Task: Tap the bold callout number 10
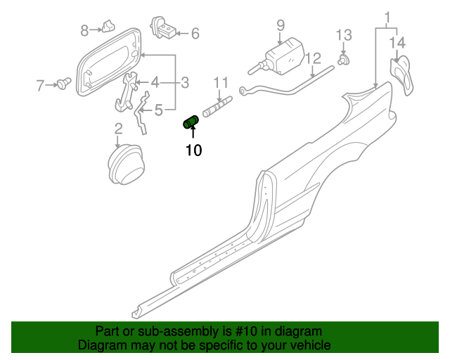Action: click(193, 150)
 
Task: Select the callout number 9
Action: click(280, 25)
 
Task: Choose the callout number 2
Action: click(118, 128)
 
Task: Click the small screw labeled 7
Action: click(65, 85)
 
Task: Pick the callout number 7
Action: click(40, 86)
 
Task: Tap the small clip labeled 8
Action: click(107, 27)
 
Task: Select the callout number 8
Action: click(84, 30)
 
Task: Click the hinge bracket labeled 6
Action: click(169, 32)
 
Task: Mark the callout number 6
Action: click(195, 33)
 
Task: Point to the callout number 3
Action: click(185, 83)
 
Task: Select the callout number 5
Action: click(159, 109)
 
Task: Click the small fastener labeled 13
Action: click(344, 61)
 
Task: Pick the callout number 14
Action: click(397, 43)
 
